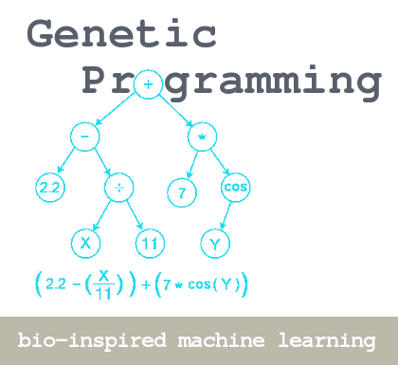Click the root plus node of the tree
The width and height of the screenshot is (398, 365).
pyautogui.click(x=148, y=84)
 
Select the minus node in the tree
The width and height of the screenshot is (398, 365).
pyautogui.click(x=84, y=137)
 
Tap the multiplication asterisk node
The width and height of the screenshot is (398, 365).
pyautogui.click(x=203, y=137)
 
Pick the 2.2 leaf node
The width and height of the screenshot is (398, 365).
pyautogui.click(x=50, y=188)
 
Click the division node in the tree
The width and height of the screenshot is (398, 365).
pyautogui.click(x=119, y=188)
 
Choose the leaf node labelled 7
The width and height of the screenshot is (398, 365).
pyautogui.click(x=181, y=192)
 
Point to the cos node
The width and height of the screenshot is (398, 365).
pyautogui.click(x=236, y=187)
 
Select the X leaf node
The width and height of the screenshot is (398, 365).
pyautogui.click(x=85, y=243)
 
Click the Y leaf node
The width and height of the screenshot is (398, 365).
pyautogui.click(x=215, y=243)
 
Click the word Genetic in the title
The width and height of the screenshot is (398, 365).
pyautogui.click(x=121, y=34)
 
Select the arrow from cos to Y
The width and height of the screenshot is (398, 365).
pyautogui.click(x=226, y=215)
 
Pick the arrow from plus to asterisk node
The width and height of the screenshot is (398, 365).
pyautogui.click(x=176, y=111)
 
